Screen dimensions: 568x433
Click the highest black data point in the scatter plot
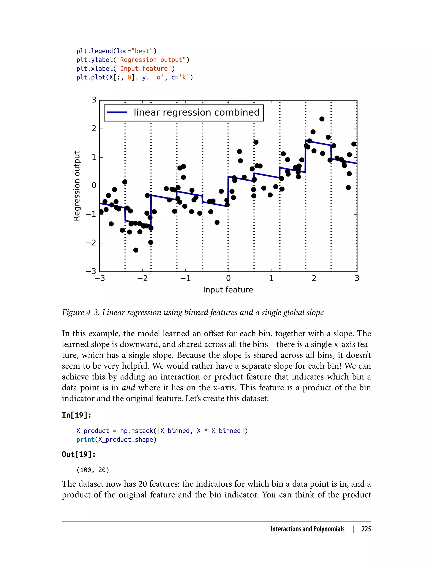(322, 119)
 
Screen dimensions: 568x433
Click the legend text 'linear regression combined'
(196, 113)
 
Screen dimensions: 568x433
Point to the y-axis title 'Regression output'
(77, 186)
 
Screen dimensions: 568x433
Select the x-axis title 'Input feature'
(228, 289)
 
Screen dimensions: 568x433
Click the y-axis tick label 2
(94, 128)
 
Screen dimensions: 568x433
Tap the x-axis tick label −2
(142, 279)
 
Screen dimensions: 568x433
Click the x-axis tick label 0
(228, 279)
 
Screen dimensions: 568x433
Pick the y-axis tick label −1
(91, 214)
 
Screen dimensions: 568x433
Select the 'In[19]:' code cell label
(76, 415)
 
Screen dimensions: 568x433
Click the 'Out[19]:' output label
(79, 454)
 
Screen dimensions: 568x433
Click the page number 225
(366, 529)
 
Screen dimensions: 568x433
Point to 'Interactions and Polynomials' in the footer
(307, 529)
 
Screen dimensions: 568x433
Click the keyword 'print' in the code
(86, 440)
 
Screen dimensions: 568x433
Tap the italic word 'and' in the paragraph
(128, 387)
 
